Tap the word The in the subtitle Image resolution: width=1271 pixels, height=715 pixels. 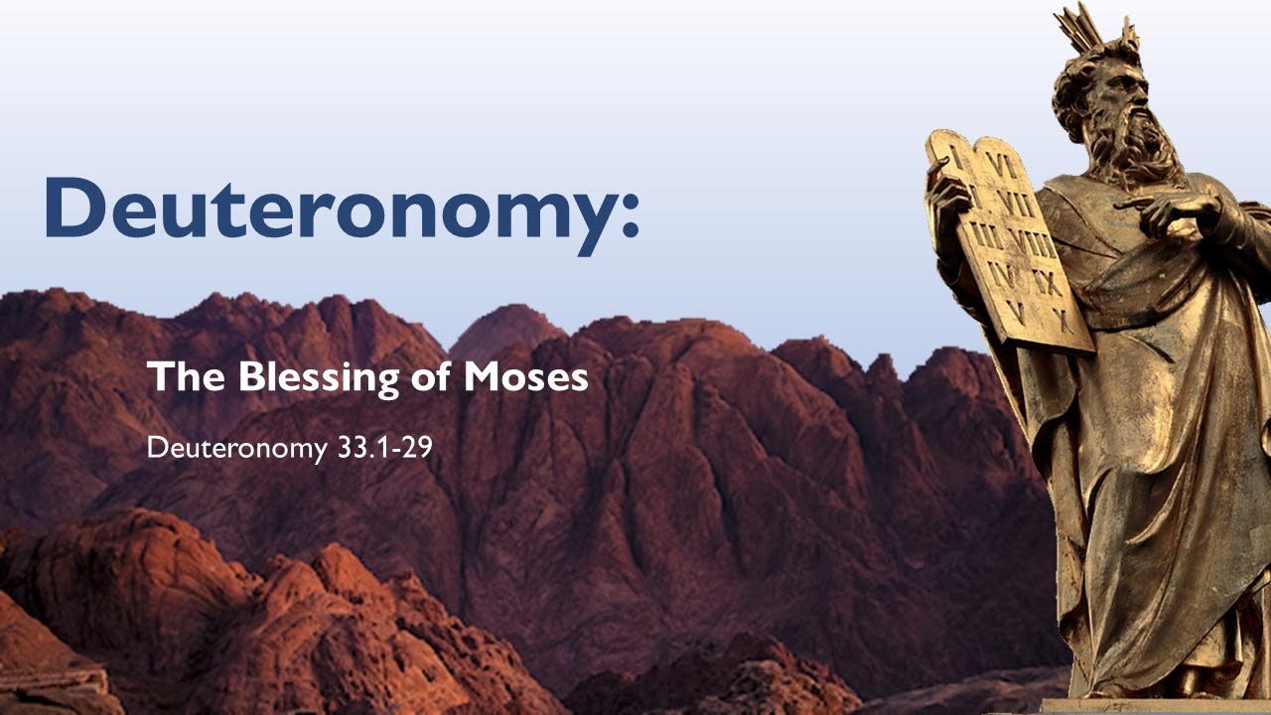(176, 377)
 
